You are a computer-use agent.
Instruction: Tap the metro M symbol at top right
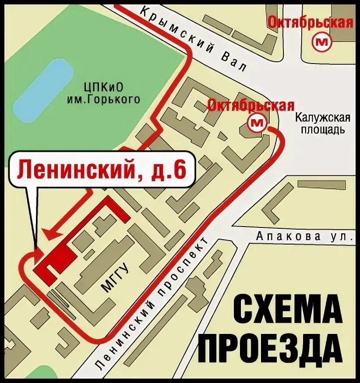(x=323, y=42)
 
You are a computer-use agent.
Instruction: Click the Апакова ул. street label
(x=304, y=237)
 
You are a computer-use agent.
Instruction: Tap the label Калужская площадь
(x=323, y=124)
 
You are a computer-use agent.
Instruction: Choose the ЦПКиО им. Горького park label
(x=103, y=93)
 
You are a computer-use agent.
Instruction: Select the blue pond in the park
(x=43, y=90)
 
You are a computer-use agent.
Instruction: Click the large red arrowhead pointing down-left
(x=52, y=234)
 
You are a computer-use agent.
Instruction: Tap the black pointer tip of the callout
(x=36, y=245)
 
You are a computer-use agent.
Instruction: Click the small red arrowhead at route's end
(x=39, y=253)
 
